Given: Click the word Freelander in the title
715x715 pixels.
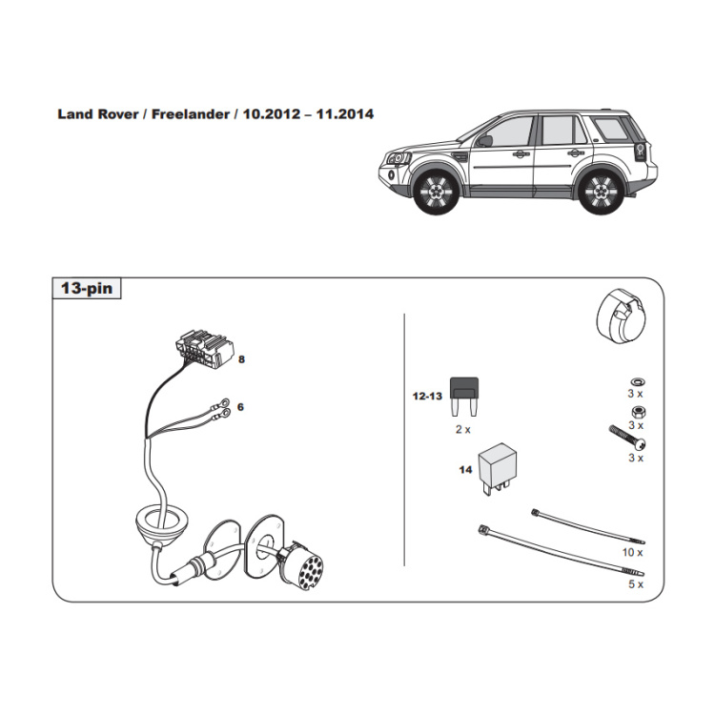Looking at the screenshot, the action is coord(190,114).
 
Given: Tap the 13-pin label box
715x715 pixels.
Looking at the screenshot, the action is coord(87,288).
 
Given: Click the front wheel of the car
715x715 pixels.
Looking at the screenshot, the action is coord(437,192).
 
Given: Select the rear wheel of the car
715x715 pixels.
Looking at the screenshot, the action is coord(601,192).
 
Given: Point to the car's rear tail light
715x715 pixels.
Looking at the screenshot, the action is coord(640,152).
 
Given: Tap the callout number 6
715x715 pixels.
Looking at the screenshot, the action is coord(241,407).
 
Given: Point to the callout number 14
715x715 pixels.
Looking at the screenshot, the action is coord(465,470).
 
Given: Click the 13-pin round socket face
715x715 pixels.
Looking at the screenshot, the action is coord(309,571).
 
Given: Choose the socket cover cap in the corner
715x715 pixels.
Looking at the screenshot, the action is coord(620,316).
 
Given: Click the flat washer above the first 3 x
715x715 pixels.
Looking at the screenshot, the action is coord(637,381).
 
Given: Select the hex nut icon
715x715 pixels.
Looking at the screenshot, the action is coord(638,412).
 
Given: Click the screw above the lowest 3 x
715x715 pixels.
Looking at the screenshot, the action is coord(627,438).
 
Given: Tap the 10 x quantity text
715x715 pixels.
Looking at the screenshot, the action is coord(632,553).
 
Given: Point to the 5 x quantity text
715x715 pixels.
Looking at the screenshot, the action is coord(636,584).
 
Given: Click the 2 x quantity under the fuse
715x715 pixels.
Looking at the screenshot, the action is coord(462,430).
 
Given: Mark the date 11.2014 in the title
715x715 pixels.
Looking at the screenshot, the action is coord(345,114).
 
